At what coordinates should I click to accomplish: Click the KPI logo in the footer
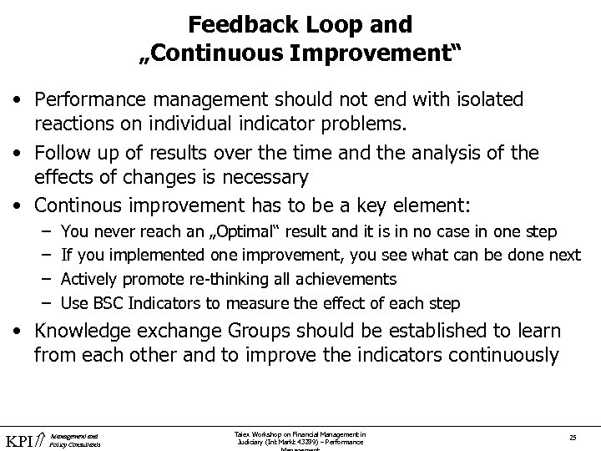[23, 438]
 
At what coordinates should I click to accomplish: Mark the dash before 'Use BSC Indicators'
[43, 302]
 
